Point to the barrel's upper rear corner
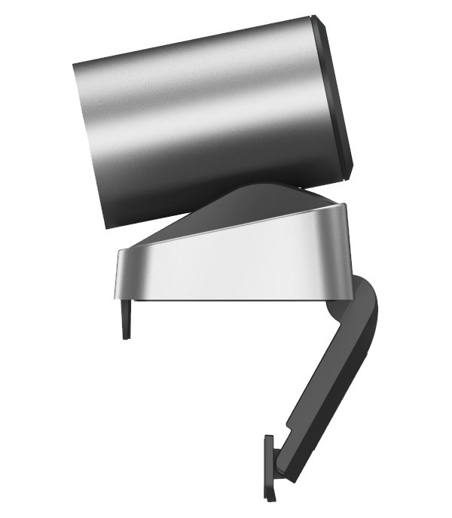(x=76, y=60)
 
